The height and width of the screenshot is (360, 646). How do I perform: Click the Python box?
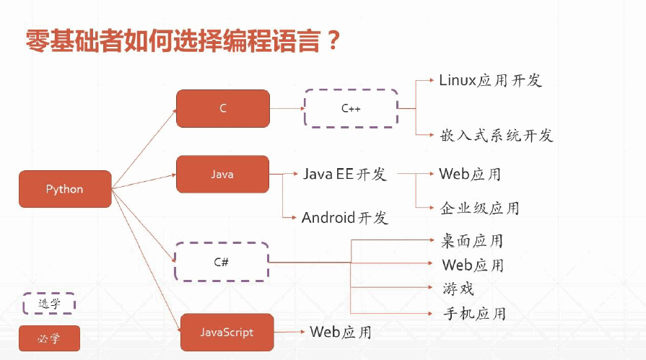65,189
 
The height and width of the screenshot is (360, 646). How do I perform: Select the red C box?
223,108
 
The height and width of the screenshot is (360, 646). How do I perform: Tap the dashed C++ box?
351,108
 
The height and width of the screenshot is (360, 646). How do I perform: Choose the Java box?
222,175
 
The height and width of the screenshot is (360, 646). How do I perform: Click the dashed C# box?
222,261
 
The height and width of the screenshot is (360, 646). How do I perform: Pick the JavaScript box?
227,333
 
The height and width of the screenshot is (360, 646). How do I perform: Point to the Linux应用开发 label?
490,80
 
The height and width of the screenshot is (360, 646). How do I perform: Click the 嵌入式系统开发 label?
496,135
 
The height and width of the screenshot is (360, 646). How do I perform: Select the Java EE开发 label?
345,175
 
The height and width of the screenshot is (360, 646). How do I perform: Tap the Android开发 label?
345,218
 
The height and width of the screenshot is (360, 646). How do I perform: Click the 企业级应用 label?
479,208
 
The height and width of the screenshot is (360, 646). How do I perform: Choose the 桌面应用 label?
472,240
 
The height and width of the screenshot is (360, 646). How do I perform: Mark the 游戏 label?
458,289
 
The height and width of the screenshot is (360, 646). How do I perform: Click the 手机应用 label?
474,313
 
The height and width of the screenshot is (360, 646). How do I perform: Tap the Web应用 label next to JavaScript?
341,333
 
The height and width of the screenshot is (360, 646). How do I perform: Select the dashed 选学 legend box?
49,304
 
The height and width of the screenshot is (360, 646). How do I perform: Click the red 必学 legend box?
49,338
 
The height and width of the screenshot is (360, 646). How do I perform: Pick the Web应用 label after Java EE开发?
470,175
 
